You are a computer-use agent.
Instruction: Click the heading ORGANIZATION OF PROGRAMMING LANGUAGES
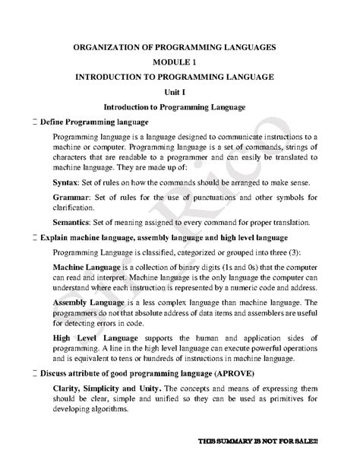coord(179,47)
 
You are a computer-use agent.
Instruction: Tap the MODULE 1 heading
coord(179,62)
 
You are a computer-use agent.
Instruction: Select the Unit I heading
coord(179,93)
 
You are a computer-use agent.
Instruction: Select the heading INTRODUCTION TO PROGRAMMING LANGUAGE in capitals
coord(180,78)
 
